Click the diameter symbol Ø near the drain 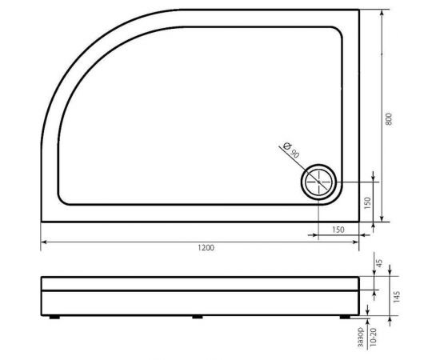(286, 145)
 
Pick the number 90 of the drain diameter (294, 153)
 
